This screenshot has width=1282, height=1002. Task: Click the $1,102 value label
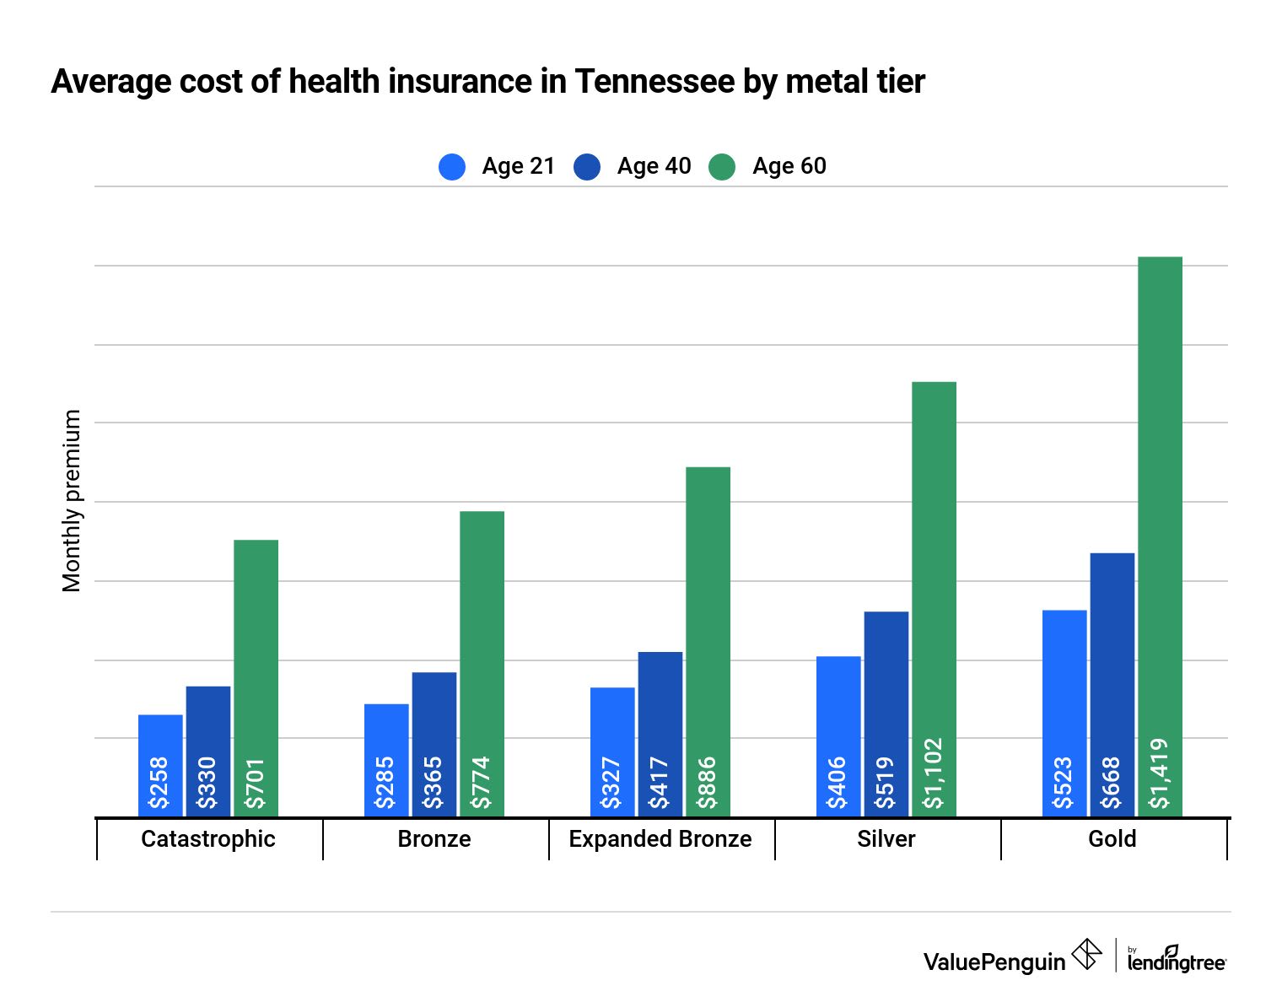click(934, 773)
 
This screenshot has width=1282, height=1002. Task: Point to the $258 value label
click(160, 783)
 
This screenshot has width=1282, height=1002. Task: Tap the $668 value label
click(1112, 783)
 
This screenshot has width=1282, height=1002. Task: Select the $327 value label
click(612, 783)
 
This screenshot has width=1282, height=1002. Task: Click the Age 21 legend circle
click(452, 166)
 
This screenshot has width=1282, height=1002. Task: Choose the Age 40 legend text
click(654, 166)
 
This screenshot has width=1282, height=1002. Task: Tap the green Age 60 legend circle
click(722, 166)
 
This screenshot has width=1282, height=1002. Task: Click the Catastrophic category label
click(208, 839)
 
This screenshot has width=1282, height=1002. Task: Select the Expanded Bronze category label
click(660, 839)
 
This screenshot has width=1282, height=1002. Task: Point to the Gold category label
click(1112, 839)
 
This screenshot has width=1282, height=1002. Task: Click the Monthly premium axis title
click(73, 501)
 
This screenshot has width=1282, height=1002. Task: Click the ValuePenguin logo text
click(994, 962)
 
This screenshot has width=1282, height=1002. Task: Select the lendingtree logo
click(1176, 959)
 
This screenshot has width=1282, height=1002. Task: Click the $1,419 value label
click(1160, 773)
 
